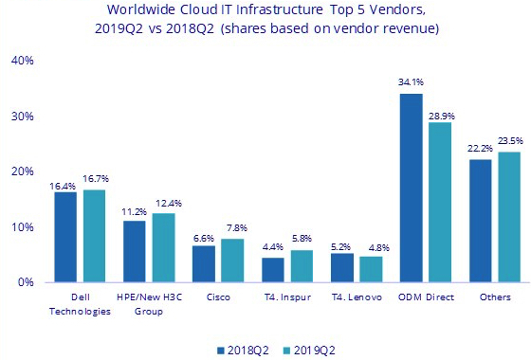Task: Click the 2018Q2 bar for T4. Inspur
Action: [272, 270]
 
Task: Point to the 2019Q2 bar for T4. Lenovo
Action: [371, 269]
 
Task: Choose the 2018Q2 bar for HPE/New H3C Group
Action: [135, 251]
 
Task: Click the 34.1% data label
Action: [410, 82]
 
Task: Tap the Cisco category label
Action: [218, 297]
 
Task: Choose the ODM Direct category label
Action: [426, 297]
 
